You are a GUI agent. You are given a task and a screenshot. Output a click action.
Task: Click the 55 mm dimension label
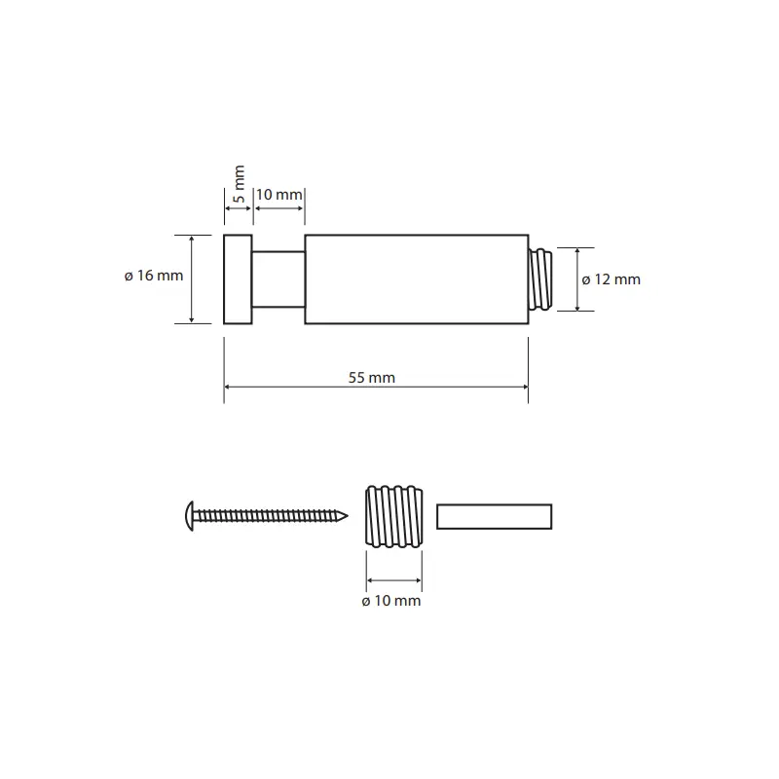tap(372, 378)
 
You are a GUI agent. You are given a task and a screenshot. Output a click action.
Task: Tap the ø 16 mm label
tap(154, 276)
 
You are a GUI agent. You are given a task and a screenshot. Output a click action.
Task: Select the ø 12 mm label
tap(612, 279)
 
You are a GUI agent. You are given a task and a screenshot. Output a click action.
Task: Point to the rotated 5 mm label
tap(239, 184)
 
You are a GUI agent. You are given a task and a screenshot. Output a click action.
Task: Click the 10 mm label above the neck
tap(278, 195)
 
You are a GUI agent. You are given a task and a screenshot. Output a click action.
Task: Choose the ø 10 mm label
tap(391, 601)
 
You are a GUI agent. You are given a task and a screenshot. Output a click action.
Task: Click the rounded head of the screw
tap(189, 516)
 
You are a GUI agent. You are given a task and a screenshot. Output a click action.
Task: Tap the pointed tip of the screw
tap(348, 516)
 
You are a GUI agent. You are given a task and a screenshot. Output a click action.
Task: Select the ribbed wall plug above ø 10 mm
tap(394, 517)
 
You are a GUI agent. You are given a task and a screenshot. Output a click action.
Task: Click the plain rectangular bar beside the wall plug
tap(495, 517)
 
